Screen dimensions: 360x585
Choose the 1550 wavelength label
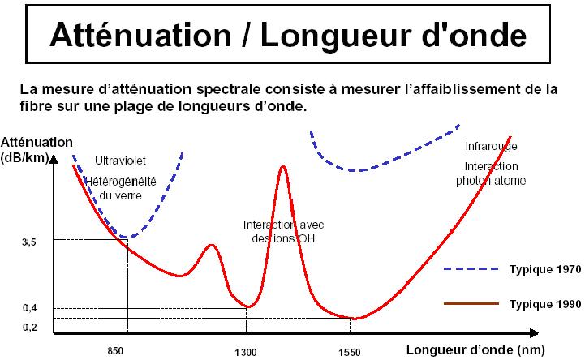349,352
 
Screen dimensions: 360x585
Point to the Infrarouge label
491,147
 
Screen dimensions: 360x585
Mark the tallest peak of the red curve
282,167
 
